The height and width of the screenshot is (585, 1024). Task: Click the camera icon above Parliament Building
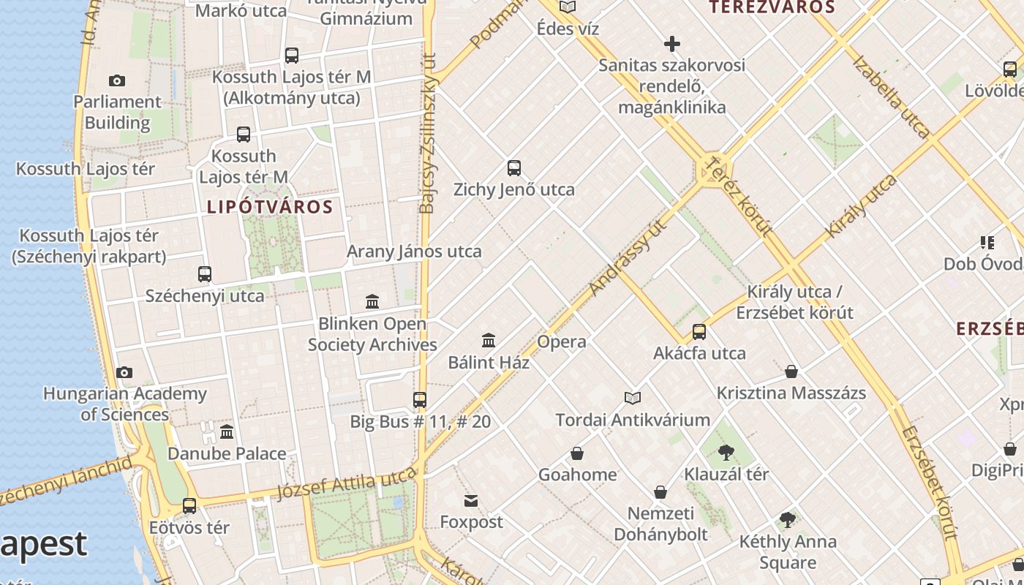[x=116, y=80]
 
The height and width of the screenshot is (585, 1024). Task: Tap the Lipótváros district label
[x=270, y=207]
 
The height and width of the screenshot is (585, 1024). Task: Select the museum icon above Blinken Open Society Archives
[x=372, y=301]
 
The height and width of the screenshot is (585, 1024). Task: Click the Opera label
[x=562, y=341]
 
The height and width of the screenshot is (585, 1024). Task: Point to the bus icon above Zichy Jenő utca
[x=514, y=168]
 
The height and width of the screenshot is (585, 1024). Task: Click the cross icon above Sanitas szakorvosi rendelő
[x=671, y=44]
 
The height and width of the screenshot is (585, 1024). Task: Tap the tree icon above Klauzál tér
[x=726, y=453]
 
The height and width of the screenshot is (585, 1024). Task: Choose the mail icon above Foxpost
[x=471, y=501]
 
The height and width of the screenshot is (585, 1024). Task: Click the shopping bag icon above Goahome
[x=577, y=453]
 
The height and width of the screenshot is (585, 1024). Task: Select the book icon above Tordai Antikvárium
[x=633, y=398]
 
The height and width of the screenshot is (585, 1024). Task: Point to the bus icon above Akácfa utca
[x=699, y=332]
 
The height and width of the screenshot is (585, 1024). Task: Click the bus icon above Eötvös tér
[x=189, y=505]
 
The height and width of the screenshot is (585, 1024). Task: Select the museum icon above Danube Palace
[x=227, y=432]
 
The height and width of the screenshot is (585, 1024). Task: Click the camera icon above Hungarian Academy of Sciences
[x=124, y=372]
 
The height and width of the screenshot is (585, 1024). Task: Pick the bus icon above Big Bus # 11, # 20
[x=420, y=400]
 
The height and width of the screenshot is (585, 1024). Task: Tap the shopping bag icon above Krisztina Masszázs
[x=791, y=371]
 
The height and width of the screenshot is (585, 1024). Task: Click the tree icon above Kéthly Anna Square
[x=788, y=520]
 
